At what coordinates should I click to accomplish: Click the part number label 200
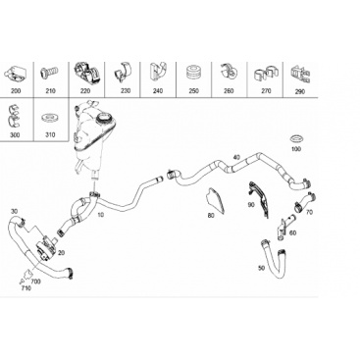pyautogui.click(x=16, y=90)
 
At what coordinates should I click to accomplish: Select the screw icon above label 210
pyautogui.click(x=49, y=72)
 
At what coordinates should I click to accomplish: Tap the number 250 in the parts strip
pyautogui.click(x=193, y=91)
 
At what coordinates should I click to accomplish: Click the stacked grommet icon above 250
pyautogui.click(x=193, y=73)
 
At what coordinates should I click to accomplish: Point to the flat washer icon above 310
pyautogui.click(x=49, y=118)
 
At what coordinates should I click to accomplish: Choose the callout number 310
pyautogui.click(x=50, y=134)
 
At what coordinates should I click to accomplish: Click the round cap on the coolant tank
pyautogui.click(x=104, y=118)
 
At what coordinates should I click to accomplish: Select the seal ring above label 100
pyautogui.click(x=296, y=138)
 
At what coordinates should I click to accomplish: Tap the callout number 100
pyautogui.click(x=296, y=149)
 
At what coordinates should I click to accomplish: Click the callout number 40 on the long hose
pyautogui.click(x=236, y=157)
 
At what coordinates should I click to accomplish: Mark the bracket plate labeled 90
pyautogui.click(x=260, y=199)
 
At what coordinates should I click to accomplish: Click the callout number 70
pyautogui.click(x=309, y=212)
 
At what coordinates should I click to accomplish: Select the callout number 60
pyautogui.click(x=293, y=232)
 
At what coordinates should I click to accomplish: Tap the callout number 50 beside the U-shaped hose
pyautogui.click(x=261, y=268)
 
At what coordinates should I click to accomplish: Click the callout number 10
pyautogui.click(x=100, y=215)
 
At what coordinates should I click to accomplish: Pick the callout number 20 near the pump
pyautogui.click(x=61, y=253)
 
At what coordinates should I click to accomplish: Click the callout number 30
pyautogui.click(x=14, y=211)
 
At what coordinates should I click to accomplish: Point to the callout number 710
pyautogui.click(x=26, y=288)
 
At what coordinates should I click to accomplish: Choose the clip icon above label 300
pyautogui.click(x=14, y=117)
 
